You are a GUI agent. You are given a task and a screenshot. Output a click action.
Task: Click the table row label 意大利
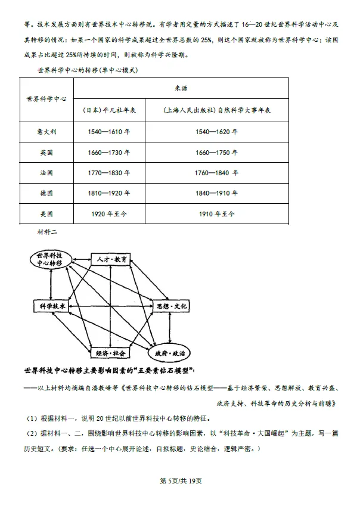click(45, 132)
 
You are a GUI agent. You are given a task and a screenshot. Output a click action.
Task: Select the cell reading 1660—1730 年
click(110, 153)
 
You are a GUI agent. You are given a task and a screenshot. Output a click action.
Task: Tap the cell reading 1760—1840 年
click(216, 173)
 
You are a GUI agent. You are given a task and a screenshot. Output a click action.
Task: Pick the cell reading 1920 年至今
click(110, 213)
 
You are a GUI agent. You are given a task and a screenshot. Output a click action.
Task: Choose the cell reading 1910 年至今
click(216, 213)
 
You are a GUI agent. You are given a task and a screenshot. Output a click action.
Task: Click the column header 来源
click(181, 88)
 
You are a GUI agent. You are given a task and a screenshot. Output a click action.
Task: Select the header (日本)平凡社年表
click(110, 110)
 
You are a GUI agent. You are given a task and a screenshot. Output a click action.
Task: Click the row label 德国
click(45, 193)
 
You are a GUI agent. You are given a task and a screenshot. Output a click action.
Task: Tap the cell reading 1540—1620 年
click(216, 132)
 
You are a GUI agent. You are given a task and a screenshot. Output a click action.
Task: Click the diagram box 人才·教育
click(111, 260)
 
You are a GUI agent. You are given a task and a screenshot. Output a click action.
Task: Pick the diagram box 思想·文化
click(170, 306)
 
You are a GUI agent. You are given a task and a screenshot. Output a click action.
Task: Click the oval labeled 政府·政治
click(170, 353)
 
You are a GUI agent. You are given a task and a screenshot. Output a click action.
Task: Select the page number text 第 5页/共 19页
click(181, 482)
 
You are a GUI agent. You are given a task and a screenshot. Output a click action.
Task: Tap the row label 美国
click(45, 213)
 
